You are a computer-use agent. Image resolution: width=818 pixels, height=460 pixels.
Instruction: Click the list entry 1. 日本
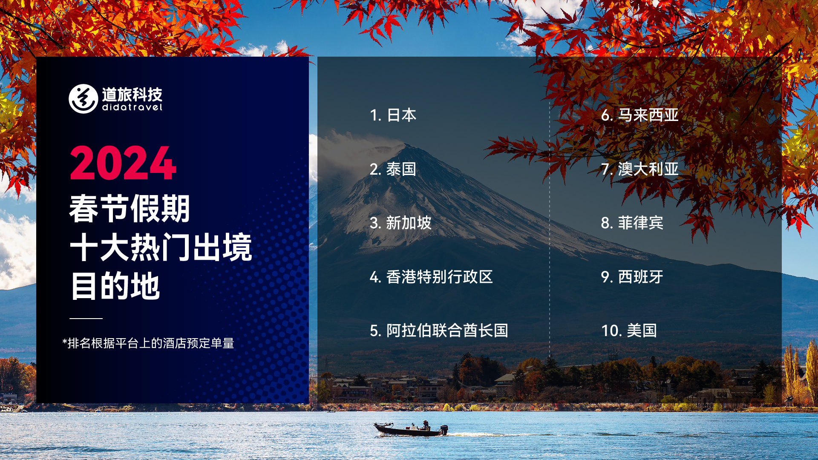[393, 115]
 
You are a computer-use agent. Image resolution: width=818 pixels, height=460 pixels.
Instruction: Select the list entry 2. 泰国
[393, 169]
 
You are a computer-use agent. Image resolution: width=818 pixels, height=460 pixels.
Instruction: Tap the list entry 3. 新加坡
[400, 223]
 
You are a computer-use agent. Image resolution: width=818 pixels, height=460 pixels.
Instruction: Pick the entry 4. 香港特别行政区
[431, 277]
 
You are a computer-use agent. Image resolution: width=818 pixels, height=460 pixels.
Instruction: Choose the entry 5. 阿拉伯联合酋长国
[439, 331]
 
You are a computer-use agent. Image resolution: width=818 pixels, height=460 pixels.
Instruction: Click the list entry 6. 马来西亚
[639, 115]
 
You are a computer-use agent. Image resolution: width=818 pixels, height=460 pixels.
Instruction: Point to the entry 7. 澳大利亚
[639, 169]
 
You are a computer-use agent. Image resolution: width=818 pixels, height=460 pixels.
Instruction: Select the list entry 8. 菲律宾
[632, 223]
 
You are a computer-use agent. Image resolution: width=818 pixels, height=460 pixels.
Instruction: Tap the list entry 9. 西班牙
[632, 277]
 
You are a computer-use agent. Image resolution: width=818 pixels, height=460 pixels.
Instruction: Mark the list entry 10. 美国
[629, 331]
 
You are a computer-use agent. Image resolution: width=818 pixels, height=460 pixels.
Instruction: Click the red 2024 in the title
[123, 163]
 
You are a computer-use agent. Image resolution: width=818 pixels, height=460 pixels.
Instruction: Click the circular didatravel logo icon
[84, 99]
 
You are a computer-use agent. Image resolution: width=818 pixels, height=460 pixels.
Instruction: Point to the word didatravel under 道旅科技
[132, 107]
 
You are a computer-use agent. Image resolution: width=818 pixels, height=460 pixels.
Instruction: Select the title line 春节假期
[130, 209]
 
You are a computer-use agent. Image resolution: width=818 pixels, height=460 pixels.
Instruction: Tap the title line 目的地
[115, 286]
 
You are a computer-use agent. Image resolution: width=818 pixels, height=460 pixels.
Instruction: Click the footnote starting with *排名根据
[148, 343]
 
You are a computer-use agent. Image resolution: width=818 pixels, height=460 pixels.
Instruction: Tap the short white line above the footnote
[86, 318]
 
